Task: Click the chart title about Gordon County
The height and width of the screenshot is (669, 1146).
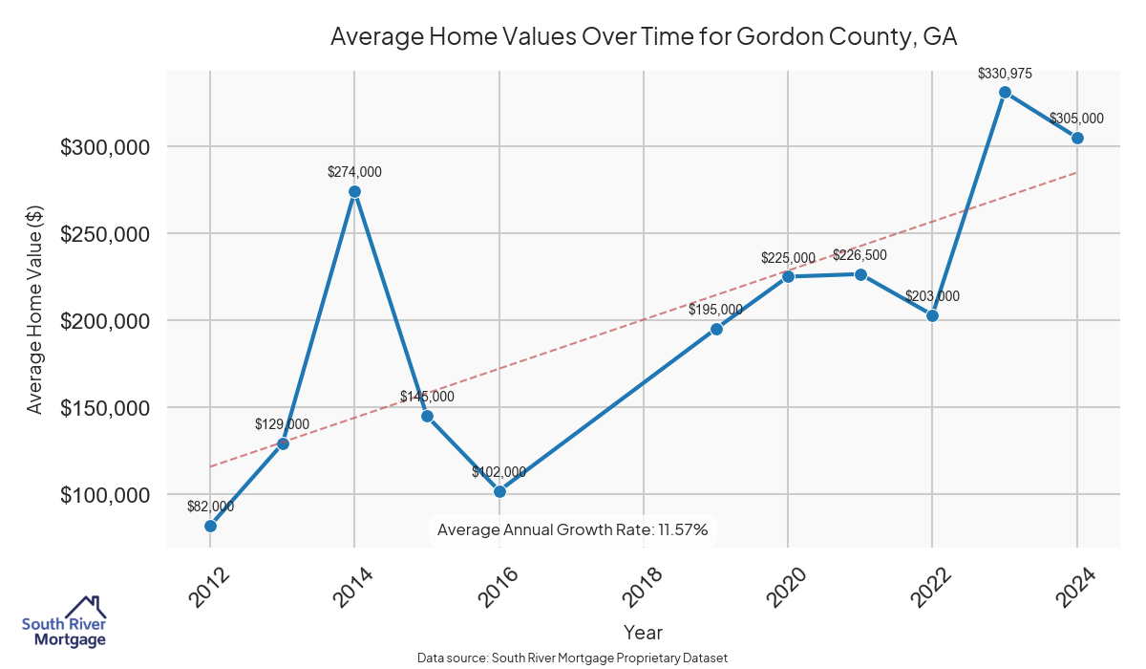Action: coord(643,37)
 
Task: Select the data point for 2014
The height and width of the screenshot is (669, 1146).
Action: coord(354,191)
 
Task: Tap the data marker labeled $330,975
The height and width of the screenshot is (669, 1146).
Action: coord(1005,92)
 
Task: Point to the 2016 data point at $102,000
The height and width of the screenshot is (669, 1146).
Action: coord(499,491)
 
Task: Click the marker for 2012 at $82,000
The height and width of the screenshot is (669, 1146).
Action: coord(210,526)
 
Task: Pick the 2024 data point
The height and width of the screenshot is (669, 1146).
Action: coord(1077,138)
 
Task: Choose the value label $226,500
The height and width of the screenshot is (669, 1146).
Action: coord(860,255)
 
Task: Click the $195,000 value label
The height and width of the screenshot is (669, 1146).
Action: coord(715,310)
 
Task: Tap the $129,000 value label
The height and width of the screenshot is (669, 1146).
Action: coord(282,424)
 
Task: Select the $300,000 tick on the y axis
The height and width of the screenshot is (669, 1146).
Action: coord(105,147)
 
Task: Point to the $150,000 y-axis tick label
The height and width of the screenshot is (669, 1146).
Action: coord(105,408)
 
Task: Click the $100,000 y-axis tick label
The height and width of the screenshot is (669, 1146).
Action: coord(105,495)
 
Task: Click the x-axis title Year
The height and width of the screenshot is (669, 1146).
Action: coord(643,633)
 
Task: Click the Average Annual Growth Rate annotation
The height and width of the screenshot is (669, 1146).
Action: coord(572,529)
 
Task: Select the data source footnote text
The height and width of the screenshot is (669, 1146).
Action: coord(572,658)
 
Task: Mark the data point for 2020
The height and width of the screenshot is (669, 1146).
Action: coord(788,276)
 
